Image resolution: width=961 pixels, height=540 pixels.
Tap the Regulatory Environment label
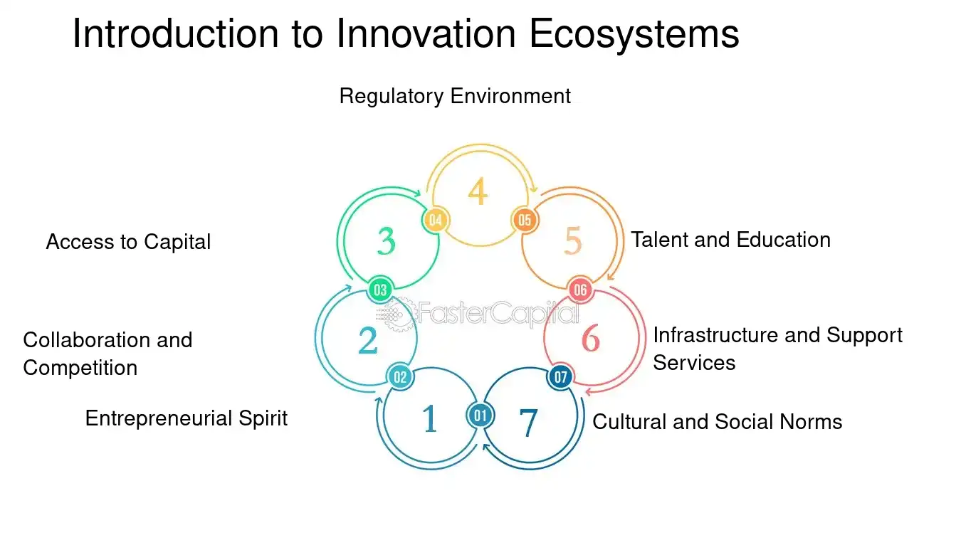pyautogui.click(x=455, y=96)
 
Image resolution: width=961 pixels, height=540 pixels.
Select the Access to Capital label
pyautogui.click(x=128, y=241)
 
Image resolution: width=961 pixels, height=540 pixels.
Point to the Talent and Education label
pyautogui.click(x=730, y=240)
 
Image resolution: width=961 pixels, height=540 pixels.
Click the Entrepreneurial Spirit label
pyautogui.click(x=187, y=418)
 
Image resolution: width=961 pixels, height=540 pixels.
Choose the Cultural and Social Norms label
pyautogui.click(x=718, y=422)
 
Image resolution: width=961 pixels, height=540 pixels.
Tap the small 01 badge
pyautogui.click(x=480, y=415)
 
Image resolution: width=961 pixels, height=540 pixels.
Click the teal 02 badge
pyautogui.click(x=400, y=377)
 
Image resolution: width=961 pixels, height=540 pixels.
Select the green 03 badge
pyautogui.click(x=380, y=290)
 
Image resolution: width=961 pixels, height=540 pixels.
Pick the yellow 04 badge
pyautogui.click(x=436, y=220)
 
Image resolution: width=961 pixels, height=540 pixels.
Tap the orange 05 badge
pyautogui.click(x=524, y=220)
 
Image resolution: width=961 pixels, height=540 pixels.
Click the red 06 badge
pyautogui.click(x=580, y=290)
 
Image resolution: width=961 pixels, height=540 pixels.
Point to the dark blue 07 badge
pyautogui.click(x=560, y=377)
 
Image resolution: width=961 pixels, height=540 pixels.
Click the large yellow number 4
pyautogui.click(x=478, y=191)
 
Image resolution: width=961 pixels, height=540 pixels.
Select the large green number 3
pyautogui.click(x=386, y=241)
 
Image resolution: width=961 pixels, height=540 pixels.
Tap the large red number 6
pyautogui.click(x=590, y=339)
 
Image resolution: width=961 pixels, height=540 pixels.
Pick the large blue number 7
pyautogui.click(x=528, y=423)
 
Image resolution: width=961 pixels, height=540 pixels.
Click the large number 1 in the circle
pyautogui.click(x=429, y=418)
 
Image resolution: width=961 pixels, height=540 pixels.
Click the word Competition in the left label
pyautogui.click(x=80, y=369)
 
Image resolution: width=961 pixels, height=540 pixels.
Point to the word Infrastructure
pyautogui.click(x=715, y=335)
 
